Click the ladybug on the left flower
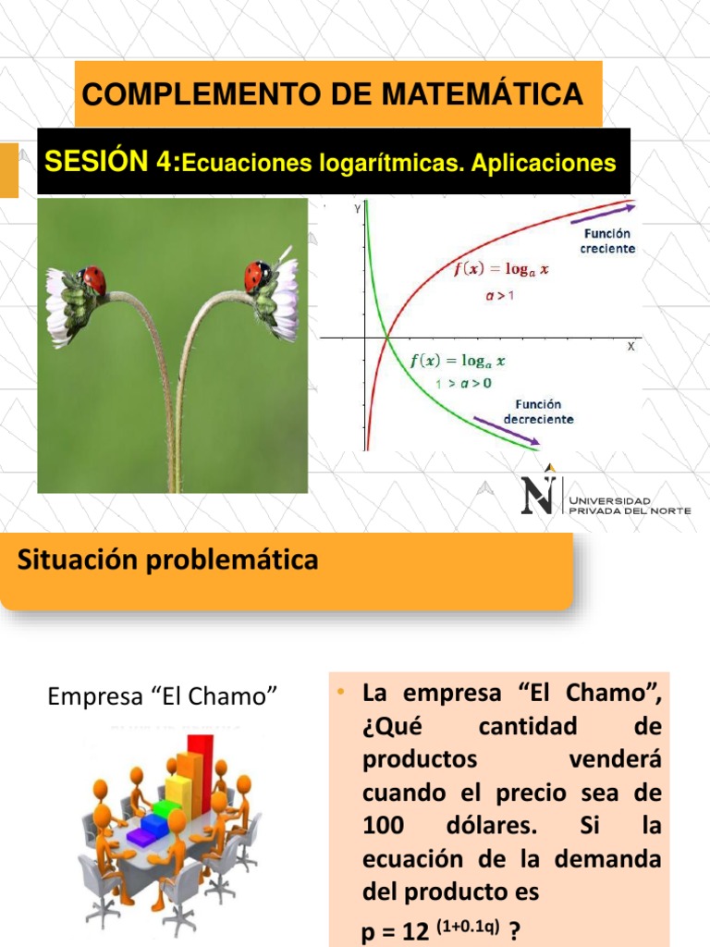tap(93, 278)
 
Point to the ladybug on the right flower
tap(257, 275)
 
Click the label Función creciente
tap(607, 242)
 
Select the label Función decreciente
tap(539, 412)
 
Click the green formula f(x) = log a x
tap(458, 361)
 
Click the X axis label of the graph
tap(631, 346)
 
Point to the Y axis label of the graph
tap(357, 210)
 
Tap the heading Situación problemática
tap(167, 560)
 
